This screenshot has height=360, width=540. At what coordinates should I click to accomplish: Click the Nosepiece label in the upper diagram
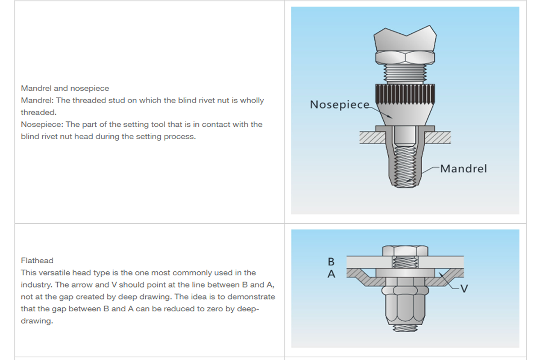pos(339,104)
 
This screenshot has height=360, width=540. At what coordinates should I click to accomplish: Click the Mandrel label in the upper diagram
pos(463,169)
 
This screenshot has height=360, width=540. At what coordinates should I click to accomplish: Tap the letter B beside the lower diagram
pos(331,261)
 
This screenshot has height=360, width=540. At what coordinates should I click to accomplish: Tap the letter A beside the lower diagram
pos(331,274)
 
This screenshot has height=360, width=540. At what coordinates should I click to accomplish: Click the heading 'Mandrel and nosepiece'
pos(65,88)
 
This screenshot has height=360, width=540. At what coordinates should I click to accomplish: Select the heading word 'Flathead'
pos(37,261)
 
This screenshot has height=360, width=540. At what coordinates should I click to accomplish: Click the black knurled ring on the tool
pos(405,93)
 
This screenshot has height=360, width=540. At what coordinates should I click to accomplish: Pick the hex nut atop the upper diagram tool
pos(405,57)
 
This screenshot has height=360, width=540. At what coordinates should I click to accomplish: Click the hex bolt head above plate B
pos(405,251)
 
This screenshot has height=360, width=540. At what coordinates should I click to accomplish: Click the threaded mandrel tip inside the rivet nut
pos(405,171)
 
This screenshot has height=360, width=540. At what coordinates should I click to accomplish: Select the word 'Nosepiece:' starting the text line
pos(41,124)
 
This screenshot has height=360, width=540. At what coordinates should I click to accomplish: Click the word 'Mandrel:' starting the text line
pos(37,100)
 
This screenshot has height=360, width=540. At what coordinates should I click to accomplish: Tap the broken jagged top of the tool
pos(405,38)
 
